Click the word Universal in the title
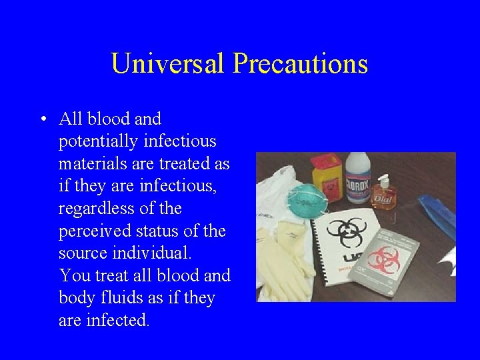pyautogui.click(x=168, y=64)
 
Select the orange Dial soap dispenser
pyautogui.click(x=385, y=195)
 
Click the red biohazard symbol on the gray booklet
pyautogui.click(x=384, y=259)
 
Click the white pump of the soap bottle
pyautogui.click(x=382, y=179)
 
